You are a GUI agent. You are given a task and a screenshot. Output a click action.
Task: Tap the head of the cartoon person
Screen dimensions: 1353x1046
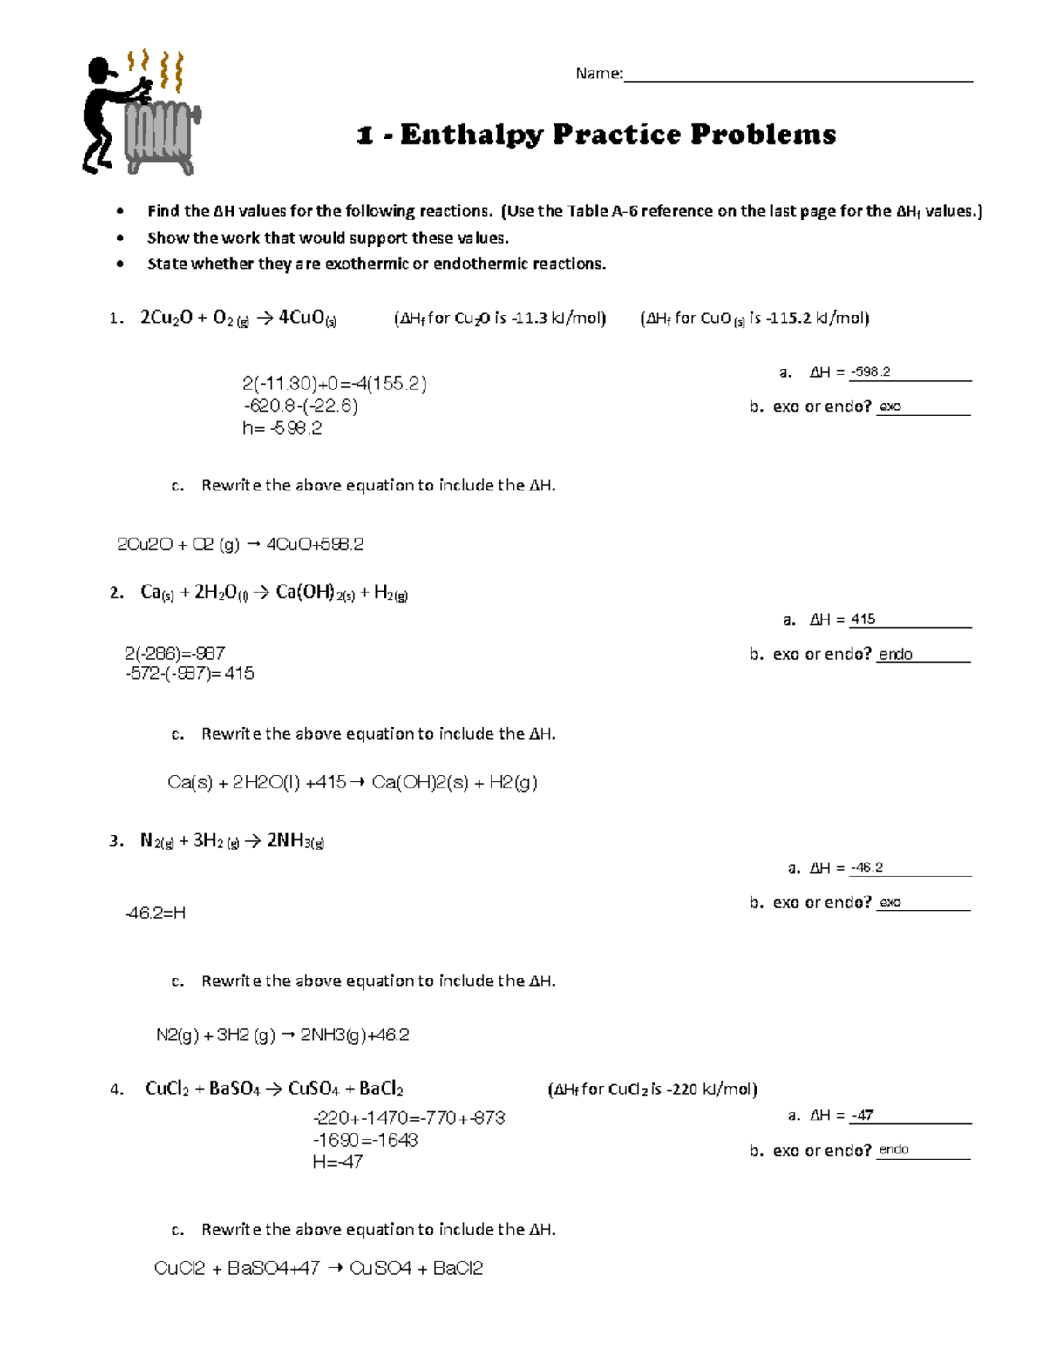101,69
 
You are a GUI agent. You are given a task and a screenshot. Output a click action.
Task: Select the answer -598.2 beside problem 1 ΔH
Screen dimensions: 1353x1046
871,372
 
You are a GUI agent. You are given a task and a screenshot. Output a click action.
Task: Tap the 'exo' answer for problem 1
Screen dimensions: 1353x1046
889,407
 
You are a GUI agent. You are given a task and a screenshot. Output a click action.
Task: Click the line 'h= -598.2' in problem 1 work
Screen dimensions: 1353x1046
282,429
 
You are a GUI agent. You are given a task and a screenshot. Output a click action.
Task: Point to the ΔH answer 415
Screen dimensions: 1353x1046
863,619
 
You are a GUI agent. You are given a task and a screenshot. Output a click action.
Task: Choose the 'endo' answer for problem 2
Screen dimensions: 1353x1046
895,654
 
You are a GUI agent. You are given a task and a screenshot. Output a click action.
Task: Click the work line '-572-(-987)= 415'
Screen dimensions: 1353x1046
190,673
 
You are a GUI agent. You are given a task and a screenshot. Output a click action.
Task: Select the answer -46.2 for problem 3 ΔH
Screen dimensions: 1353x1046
867,868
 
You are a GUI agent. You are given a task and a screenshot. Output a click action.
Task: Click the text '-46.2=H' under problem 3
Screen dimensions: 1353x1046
155,913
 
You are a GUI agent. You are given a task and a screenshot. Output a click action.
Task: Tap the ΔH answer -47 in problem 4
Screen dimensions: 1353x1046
863,1115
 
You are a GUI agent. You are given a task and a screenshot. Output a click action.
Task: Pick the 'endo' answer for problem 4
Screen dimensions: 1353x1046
893,1150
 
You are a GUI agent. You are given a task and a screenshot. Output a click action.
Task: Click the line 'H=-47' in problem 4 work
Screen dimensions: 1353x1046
337,1162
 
